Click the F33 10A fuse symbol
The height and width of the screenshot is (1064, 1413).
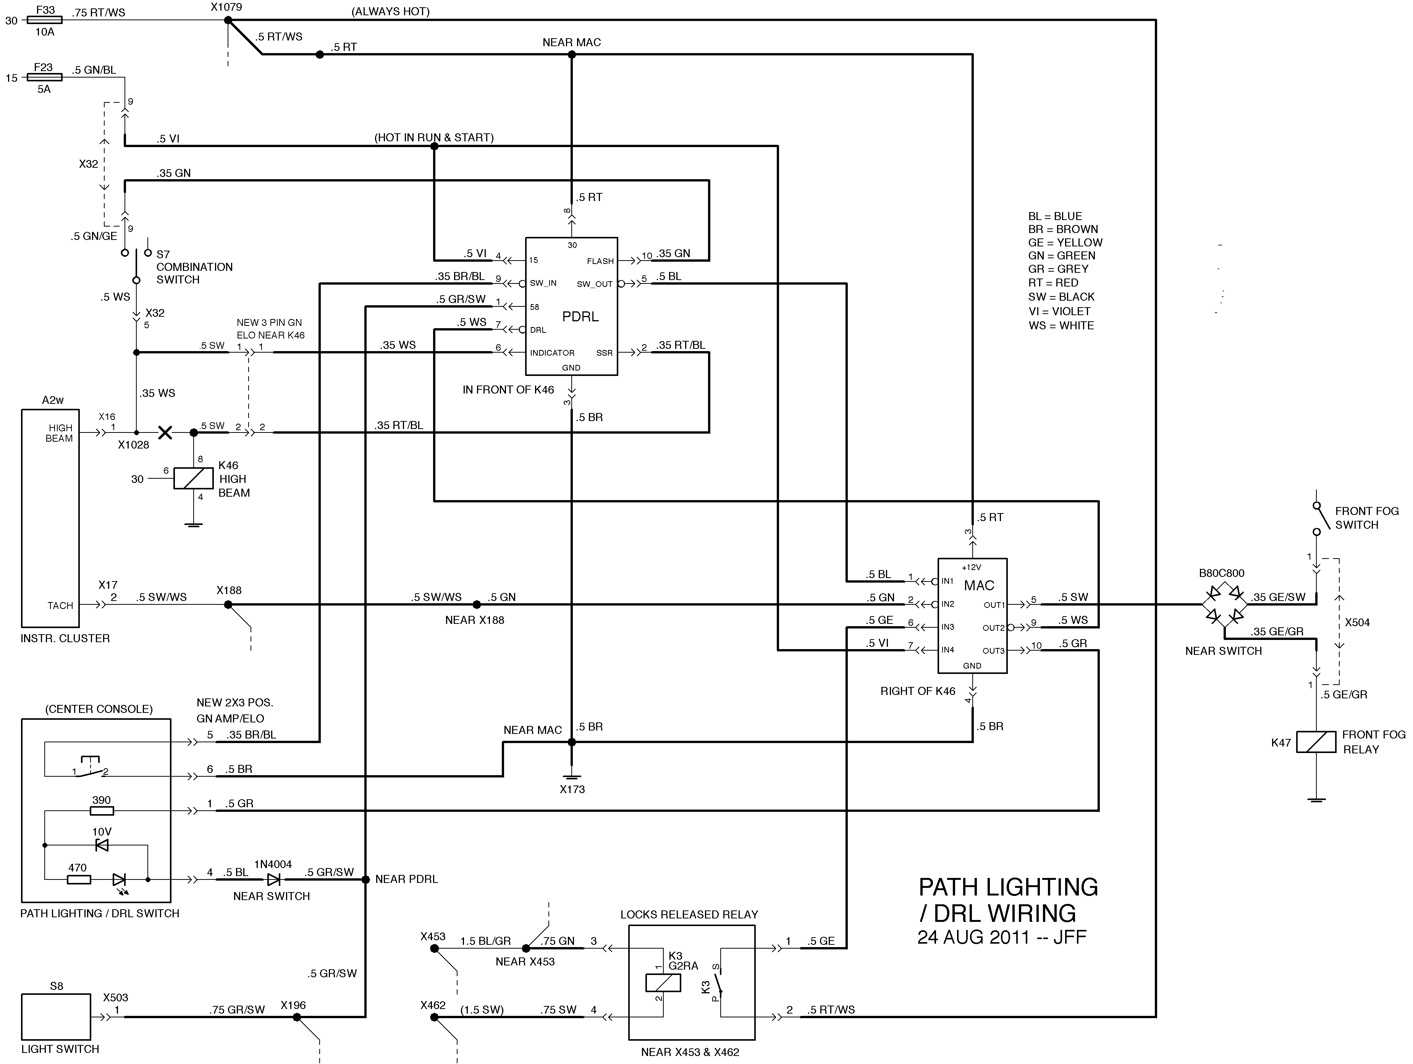point(45,21)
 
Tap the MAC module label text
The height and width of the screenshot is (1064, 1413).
point(979,585)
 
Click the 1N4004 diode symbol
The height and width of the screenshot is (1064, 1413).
point(273,879)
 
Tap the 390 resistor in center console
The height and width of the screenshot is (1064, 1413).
point(102,811)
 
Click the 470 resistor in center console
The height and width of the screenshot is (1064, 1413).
point(79,879)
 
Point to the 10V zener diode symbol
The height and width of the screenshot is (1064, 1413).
point(101,845)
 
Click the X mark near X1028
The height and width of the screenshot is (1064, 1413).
point(165,432)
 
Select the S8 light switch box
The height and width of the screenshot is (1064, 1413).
point(56,1016)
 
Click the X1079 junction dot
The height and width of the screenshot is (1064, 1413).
point(228,21)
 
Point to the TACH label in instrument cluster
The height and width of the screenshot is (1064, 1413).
point(60,605)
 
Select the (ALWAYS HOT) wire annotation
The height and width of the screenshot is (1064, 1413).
point(390,11)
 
